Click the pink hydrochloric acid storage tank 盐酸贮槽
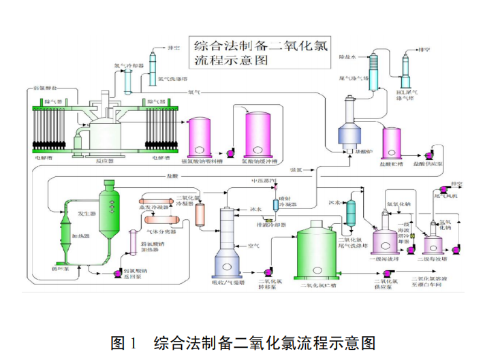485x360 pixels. pyautogui.click(x=394, y=143)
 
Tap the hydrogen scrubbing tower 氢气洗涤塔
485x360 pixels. pyautogui.click(x=153, y=68)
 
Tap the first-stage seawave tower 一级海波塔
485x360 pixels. pyautogui.click(x=379, y=235)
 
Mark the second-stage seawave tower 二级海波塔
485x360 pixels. pyautogui.click(x=433, y=242)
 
